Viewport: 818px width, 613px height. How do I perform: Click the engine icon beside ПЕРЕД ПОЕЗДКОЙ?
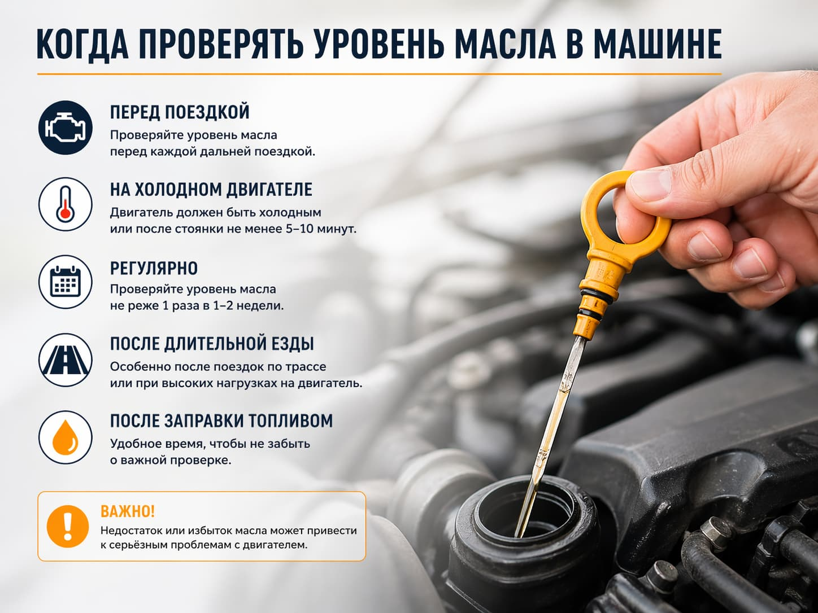[x=66, y=128]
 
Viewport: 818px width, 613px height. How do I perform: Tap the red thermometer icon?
[x=66, y=204]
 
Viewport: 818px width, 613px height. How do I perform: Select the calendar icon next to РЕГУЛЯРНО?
[x=66, y=282]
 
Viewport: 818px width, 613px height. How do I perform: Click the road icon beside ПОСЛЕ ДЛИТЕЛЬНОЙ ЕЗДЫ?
[x=66, y=360]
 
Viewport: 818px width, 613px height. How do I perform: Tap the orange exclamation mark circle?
[x=68, y=526]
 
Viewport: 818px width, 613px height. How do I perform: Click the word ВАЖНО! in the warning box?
[x=128, y=511]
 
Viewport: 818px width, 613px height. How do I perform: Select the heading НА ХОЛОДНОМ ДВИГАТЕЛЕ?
[x=211, y=189]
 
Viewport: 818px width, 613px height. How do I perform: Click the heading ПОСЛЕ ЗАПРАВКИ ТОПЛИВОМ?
[x=221, y=421]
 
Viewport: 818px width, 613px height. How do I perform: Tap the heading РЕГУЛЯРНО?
[x=154, y=268]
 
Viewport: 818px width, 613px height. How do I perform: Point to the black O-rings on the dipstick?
[x=594, y=302]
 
